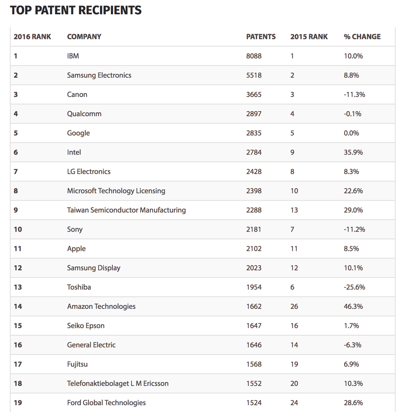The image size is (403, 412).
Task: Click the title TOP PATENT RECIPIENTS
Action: (76, 10)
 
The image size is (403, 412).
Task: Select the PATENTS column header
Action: (261, 37)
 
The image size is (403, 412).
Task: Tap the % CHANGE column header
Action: (362, 37)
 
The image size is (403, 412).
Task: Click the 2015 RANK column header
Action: (309, 37)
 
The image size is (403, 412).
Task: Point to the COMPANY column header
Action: (84, 37)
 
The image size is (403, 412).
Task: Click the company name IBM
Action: (73, 56)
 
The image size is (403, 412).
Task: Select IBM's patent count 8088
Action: (254, 56)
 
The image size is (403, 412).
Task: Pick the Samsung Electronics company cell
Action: (99, 75)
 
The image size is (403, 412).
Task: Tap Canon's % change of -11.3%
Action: (354, 94)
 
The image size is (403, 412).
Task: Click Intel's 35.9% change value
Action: (353, 152)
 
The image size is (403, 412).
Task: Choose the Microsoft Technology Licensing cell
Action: (116, 191)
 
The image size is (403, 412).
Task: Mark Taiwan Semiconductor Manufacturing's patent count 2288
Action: (254, 210)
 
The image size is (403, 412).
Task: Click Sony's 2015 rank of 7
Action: (292, 229)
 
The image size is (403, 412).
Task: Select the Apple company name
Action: (76, 249)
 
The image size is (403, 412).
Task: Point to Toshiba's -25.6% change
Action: (354, 287)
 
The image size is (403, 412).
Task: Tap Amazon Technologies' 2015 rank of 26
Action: (294, 307)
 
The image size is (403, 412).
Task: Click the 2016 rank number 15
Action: (18, 326)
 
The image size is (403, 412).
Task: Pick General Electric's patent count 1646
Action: (254, 345)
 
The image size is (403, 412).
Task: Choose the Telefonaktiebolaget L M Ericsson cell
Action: (118, 383)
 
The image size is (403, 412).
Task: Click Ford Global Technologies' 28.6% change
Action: (353, 403)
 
